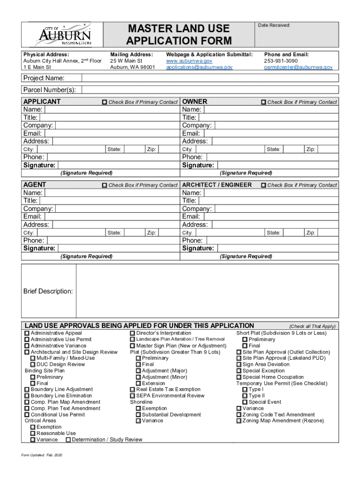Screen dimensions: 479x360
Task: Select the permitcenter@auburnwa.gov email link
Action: click(298, 67)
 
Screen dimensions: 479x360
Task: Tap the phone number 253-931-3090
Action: click(281, 61)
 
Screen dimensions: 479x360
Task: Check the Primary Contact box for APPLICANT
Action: click(105, 102)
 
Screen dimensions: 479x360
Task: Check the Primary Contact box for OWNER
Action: click(263, 102)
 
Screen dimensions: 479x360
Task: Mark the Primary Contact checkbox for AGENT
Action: click(105, 185)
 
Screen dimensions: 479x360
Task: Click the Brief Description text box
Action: click(207, 291)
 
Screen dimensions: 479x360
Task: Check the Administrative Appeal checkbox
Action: click(27, 334)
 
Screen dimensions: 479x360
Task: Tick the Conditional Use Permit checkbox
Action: click(27, 414)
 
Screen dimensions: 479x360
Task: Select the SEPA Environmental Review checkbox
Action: click(132, 396)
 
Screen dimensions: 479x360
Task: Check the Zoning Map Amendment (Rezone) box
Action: click(239, 421)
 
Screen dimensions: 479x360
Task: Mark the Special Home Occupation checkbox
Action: click(239, 377)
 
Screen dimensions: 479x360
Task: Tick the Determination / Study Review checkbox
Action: click(68, 440)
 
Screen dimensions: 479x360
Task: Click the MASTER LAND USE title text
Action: click(179, 29)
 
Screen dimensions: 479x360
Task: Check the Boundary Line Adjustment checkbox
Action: click(27, 390)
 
